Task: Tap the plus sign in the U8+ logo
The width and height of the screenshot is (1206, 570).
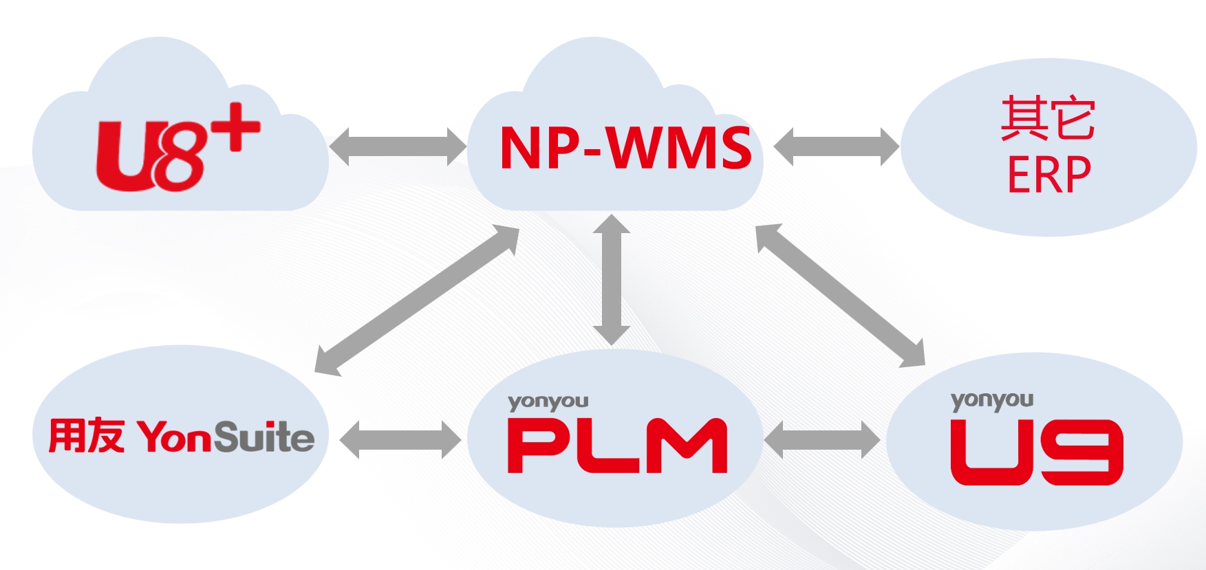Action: click(235, 127)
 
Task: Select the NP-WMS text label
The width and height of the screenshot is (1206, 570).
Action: click(625, 148)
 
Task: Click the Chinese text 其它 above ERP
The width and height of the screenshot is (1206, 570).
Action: click(1048, 119)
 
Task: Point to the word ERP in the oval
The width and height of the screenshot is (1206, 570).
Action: click(1048, 175)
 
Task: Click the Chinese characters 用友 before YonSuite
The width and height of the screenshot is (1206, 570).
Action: click(86, 435)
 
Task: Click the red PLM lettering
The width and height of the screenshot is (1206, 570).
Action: click(616, 446)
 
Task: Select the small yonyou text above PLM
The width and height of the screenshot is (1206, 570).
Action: click(548, 402)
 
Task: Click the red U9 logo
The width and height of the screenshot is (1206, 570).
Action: click(1035, 452)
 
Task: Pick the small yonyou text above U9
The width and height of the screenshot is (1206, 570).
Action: click(991, 400)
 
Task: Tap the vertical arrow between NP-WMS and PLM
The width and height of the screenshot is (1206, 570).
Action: click(612, 280)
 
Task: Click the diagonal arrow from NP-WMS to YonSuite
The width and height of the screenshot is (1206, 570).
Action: click(417, 300)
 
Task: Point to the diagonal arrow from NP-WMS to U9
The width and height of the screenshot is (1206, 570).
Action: click(840, 295)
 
